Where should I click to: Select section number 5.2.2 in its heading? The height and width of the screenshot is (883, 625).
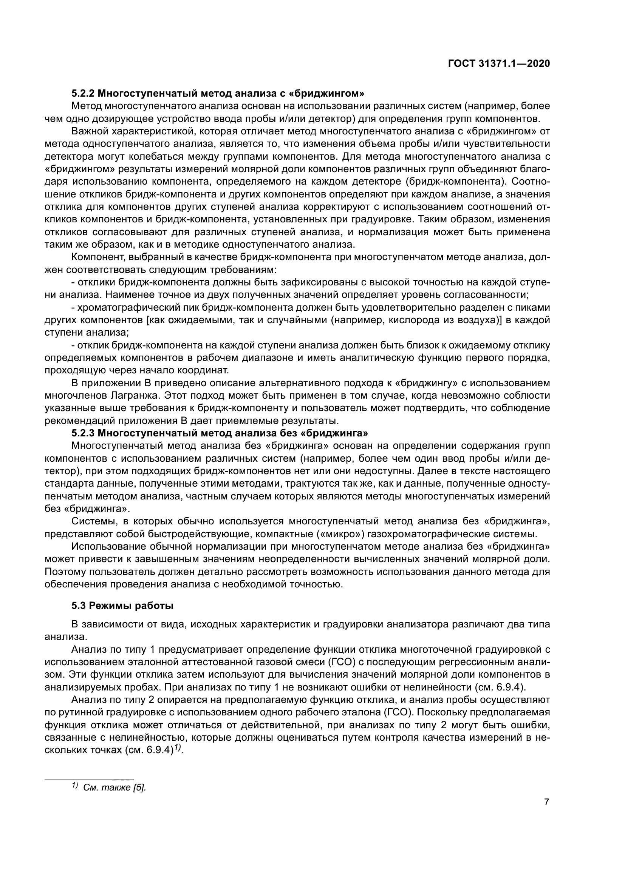click(83, 94)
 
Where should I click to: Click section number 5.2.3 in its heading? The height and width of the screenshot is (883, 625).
click(83, 433)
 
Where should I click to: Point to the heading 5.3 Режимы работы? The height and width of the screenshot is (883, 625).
click(122, 606)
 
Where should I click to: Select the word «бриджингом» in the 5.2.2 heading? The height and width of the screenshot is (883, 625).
click(332, 94)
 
